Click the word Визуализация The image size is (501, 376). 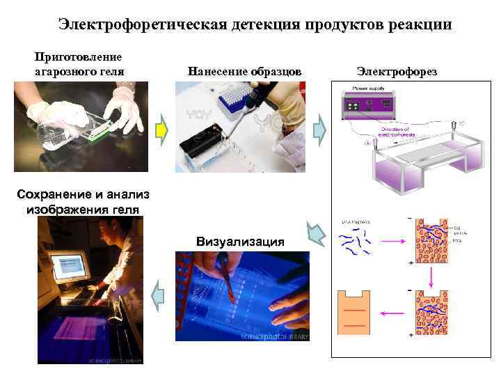pyautogui.click(x=241, y=242)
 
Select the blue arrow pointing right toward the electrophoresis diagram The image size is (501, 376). pyautogui.click(x=319, y=130)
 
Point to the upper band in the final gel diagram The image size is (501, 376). pyautogui.click(x=354, y=311)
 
